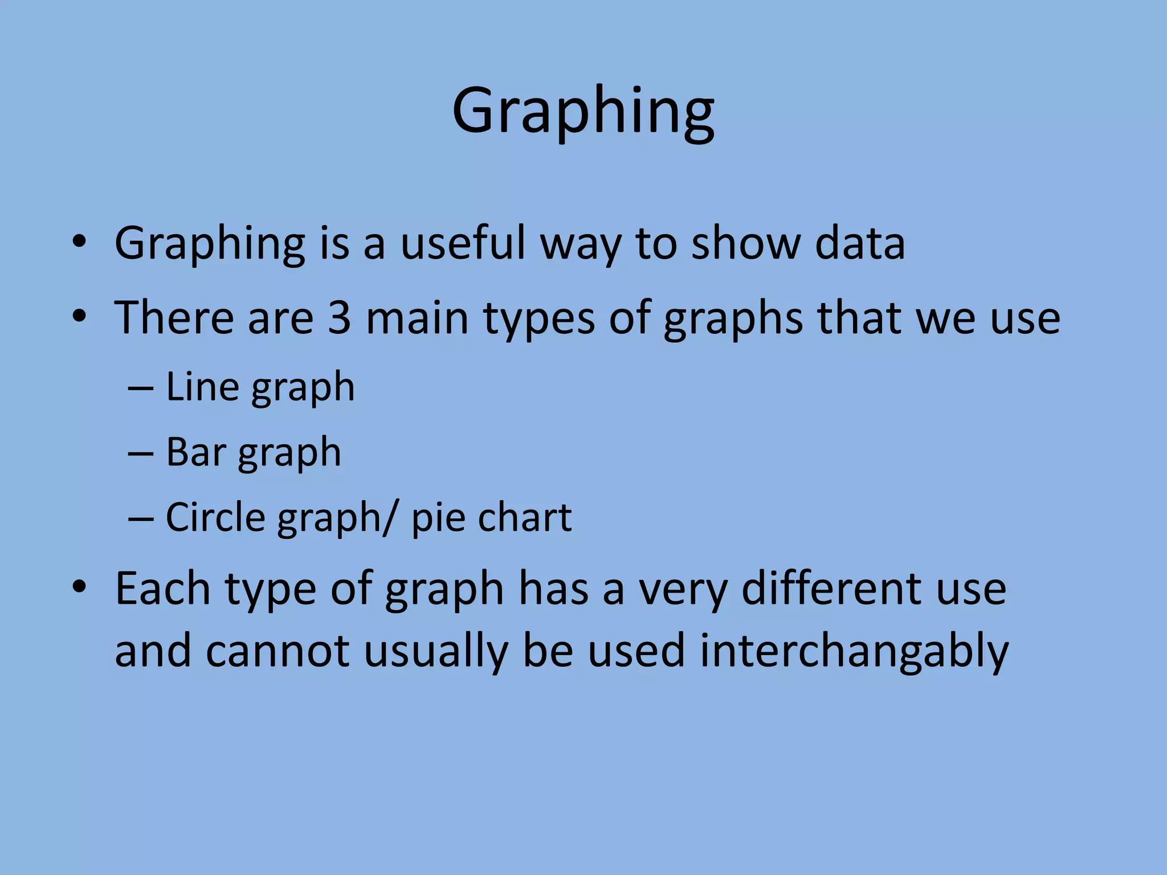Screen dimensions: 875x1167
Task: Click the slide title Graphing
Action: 583,111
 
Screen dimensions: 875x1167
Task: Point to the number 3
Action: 340,317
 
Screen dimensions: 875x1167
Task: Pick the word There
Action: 174,317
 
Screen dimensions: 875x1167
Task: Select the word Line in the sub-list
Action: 202,387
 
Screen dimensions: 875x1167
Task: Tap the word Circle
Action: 215,517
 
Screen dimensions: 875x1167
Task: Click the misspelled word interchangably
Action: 854,652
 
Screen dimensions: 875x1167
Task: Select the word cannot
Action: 278,652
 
